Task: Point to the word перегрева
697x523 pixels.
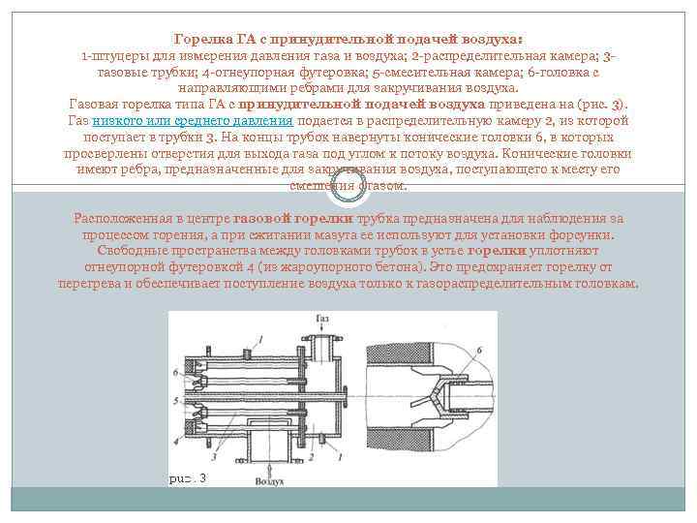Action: [92, 285]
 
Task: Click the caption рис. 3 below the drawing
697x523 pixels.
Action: [187, 478]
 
